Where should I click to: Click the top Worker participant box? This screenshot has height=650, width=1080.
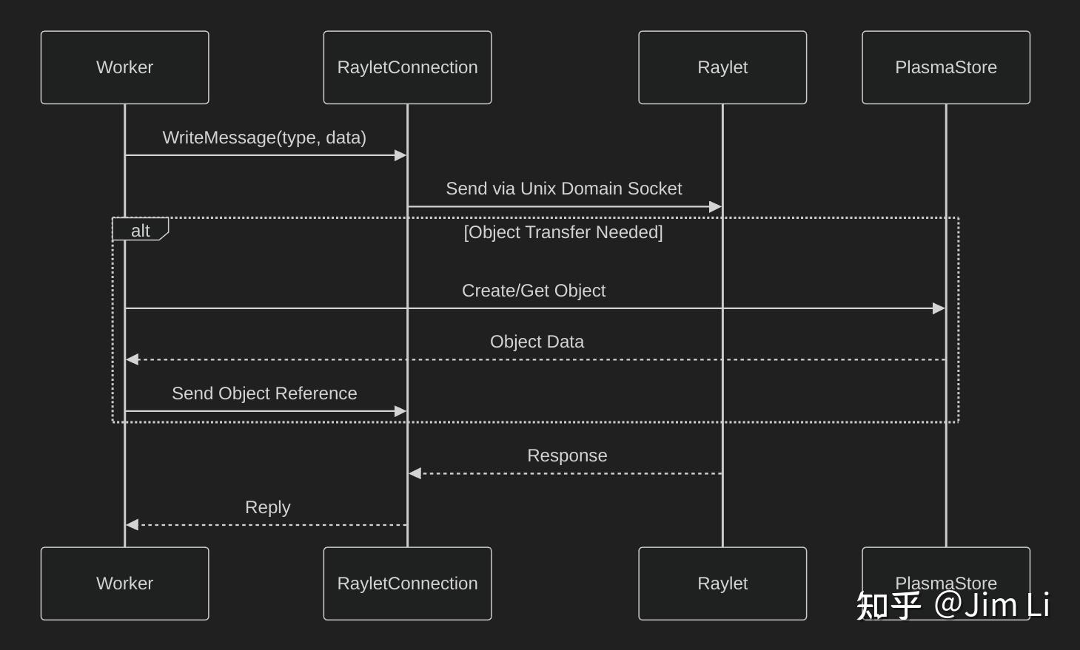point(124,67)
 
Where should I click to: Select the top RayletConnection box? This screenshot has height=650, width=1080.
point(407,67)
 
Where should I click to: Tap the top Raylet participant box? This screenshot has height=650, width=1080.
point(722,67)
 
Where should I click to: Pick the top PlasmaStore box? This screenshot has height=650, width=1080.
point(946,67)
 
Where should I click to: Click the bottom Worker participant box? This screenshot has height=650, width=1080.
point(124,583)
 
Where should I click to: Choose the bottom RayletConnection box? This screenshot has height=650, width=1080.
point(407,583)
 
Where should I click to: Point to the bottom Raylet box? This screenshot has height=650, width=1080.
point(722,583)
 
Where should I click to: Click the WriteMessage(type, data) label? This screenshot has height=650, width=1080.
point(264,138)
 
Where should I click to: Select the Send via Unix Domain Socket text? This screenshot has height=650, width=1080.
point(563,189)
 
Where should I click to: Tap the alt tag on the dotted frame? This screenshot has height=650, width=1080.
point(140,231)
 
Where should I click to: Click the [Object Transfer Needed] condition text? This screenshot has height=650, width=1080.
point(563,232)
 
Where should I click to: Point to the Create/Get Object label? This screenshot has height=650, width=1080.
point(534,291)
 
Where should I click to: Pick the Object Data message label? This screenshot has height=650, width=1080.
point(537,342)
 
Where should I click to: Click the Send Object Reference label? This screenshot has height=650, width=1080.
point(264,393)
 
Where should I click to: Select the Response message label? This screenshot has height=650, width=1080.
point(567,456)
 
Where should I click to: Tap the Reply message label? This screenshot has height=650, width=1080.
point(267,507)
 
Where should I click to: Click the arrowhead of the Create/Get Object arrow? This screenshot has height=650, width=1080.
point(939,308)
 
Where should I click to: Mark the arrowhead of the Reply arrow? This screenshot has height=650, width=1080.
point(133,525)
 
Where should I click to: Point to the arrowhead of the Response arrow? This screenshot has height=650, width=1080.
point(415,473)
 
